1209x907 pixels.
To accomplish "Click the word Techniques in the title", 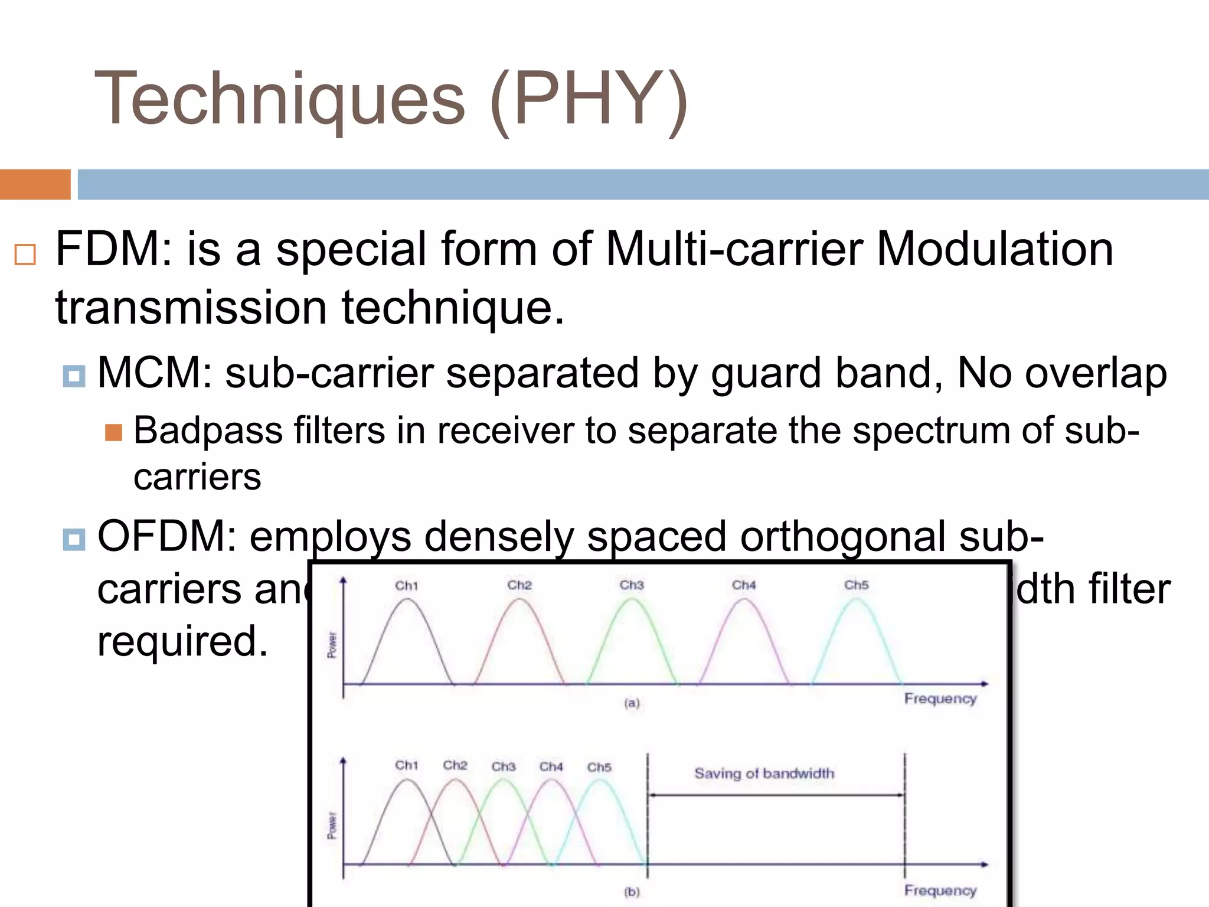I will [x=280, y=99].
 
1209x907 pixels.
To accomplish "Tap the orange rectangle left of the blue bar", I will [x=35, y=184].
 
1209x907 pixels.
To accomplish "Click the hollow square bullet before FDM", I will [x=25, y=255].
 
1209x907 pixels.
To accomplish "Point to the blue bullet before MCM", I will [x=74, y=376].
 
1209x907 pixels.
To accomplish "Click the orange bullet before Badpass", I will [x=113, y=433].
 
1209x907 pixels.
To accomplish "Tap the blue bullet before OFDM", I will [x=74, y=539].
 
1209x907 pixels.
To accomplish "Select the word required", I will [x=182, y=641].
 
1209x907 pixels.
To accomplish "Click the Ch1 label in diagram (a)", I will [x=406, y=586].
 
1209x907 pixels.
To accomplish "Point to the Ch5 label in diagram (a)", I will [x=856, y=585].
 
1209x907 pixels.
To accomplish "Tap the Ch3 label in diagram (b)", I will [x=503, y=766].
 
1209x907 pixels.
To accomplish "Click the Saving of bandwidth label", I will [x=764, y=774].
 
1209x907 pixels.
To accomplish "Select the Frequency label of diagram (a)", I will [x=940, y=699].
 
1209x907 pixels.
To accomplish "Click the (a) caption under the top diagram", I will [x=632, y=703].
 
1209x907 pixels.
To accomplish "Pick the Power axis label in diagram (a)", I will [x=332, y=645].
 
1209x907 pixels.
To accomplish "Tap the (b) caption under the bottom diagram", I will [x=632, y=892].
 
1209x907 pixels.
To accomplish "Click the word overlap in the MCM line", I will [x=1096, y=374].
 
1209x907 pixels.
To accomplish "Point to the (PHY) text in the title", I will [x=589, y=99].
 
